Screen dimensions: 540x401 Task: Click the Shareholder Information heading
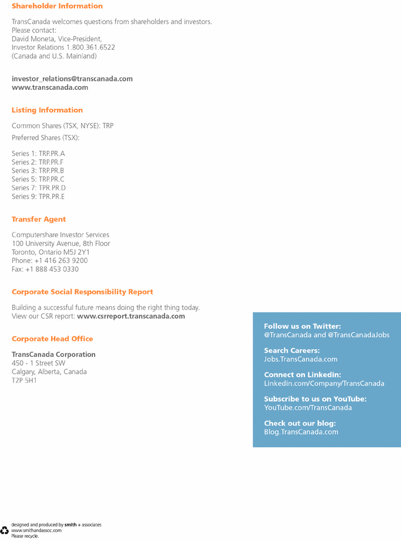57,6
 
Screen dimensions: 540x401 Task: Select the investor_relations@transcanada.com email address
72,79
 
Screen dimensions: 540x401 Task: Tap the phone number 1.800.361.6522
90,48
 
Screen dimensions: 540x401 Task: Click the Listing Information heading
47,110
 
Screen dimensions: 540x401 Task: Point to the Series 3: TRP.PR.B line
38,171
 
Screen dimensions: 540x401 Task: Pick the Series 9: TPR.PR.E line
38,197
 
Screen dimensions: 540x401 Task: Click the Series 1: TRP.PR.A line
38,154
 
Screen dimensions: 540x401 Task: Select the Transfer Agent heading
39,219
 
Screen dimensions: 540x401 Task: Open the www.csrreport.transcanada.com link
131,316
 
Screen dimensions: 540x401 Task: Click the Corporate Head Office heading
52,339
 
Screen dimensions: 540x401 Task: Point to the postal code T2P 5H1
24,380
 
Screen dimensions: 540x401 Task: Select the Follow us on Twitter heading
302,326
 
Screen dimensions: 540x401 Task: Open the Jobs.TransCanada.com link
301,359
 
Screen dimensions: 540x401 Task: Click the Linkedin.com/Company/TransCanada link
324,383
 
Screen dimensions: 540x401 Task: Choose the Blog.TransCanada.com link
301,432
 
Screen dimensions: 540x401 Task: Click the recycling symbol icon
5,530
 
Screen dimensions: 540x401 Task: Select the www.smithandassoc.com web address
36,530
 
